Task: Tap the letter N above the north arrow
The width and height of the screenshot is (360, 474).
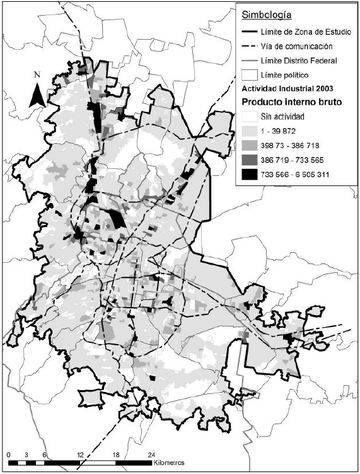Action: (38, 75)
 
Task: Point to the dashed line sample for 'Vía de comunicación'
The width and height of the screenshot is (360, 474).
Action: (250, 46)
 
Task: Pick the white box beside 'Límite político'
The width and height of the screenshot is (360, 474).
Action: (250, 75)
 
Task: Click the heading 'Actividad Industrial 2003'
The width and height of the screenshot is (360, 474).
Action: (285, 88)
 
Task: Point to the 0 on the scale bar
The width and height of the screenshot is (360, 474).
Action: (9, 454)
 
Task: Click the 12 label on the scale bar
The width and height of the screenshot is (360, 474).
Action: (80, 454)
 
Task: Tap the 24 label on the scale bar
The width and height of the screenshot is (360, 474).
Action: (151, 454)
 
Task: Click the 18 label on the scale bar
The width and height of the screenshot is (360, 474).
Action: (115, 454)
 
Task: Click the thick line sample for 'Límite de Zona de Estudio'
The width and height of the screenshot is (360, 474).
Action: (250, 32)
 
